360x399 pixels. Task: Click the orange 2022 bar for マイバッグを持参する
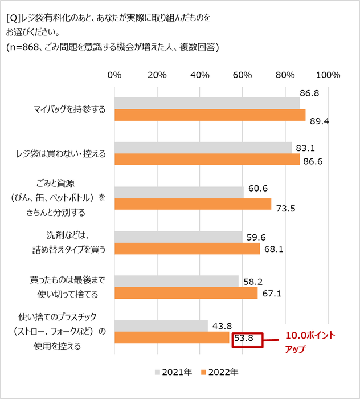[x=210, y=115]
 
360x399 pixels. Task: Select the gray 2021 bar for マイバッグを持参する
[x=207, y=103]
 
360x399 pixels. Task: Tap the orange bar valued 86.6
[x=207, y=160]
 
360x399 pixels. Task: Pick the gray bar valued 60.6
[x=179, y=193]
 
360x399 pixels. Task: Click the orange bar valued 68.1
[x=187, y=249]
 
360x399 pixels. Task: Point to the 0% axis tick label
[x=114, y=75]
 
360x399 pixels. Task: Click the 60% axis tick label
[x=243, y=75]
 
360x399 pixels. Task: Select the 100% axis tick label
[x=327, y=75]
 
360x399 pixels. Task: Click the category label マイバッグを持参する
[x=67, y=109]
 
